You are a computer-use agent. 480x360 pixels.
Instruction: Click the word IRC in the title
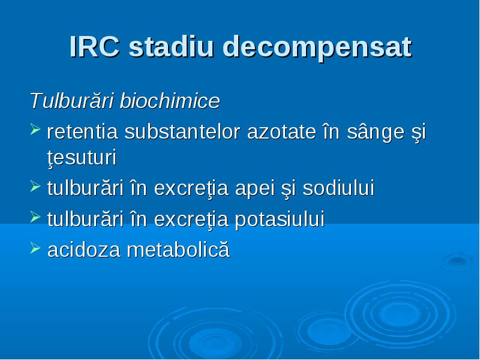[94, 47]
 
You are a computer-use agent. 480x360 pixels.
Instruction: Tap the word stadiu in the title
[171, 47]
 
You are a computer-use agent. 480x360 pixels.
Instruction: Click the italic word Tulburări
[72, 100]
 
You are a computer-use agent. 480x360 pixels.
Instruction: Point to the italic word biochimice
[170, 100]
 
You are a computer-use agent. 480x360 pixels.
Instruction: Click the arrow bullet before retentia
[35, 129]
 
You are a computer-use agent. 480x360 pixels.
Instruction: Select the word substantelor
[182, 131]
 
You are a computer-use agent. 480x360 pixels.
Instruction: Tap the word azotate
[281, 132]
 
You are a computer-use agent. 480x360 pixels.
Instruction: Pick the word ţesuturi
[82, 158]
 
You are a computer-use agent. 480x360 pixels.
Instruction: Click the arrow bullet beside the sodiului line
[35, 186]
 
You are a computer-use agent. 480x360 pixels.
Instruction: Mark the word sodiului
[338, 188]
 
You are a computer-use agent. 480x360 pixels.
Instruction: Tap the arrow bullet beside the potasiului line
[35, 217]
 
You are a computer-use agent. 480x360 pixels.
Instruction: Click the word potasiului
[280, 220]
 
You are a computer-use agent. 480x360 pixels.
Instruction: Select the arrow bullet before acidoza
[35, 248]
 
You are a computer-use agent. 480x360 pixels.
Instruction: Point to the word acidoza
[84, 250]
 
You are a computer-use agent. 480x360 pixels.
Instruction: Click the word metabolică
[178, 249]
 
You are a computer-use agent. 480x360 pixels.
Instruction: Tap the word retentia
[83, 132]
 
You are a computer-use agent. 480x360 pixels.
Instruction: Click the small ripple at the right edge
[458, 261]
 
